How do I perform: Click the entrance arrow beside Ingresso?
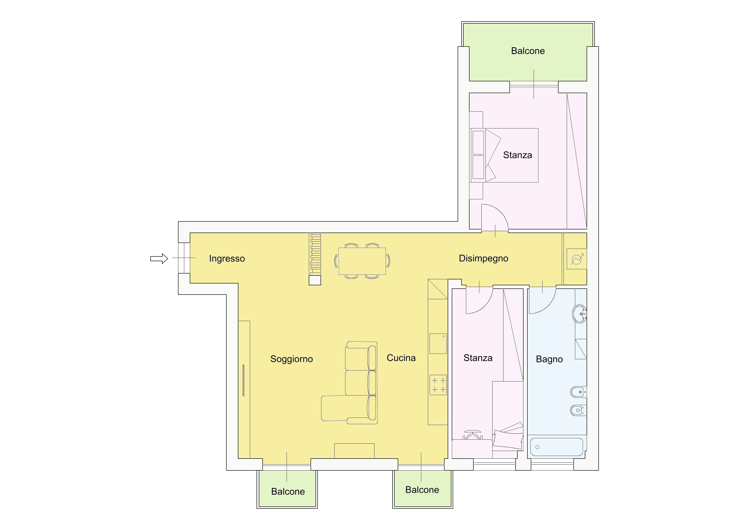click(159, 258)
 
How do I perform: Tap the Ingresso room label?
click(227, 258)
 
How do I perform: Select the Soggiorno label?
click(292, 359)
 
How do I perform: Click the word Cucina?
click(401, 358)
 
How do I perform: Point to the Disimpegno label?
click(484, 258)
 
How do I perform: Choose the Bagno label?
click(549, 359)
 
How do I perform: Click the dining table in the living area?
click(362, 261)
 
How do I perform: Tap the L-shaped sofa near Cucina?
click(350, 383)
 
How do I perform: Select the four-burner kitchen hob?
click(438, 385)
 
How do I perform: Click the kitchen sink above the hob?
click(438, 343)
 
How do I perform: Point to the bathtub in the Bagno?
click(557, 447)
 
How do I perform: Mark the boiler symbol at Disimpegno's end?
click(577, 259)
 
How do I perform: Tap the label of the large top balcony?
click(528, 51)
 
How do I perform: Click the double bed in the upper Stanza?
click(504, 155)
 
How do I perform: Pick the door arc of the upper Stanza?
click(500, 211)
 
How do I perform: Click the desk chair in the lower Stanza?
click(472, 435)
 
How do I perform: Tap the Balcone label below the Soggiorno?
click(288, 492)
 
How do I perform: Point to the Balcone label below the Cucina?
click(422, 490)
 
